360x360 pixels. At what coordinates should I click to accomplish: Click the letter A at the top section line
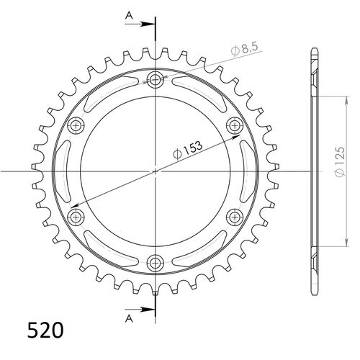point(128,14)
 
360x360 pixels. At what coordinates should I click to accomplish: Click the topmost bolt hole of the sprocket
point(156,79)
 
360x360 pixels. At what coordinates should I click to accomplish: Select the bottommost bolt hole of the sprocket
point(156,262)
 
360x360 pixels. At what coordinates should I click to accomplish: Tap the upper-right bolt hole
point(235,125)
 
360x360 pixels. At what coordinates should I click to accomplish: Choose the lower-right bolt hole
point(235,216)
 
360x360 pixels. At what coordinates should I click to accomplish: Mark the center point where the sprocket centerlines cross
point(156,171)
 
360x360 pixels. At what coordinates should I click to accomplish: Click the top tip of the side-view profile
point(314,48)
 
